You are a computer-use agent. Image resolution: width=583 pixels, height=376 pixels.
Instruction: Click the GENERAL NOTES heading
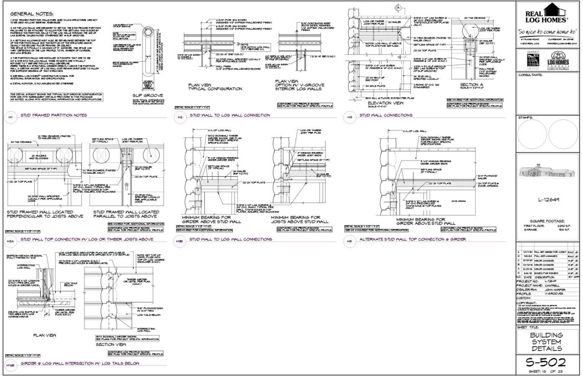(28, 15)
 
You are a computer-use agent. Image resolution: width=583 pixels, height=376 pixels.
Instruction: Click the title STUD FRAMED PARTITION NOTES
(51, 115)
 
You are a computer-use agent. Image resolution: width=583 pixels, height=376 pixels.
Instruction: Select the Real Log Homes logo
(547, 13)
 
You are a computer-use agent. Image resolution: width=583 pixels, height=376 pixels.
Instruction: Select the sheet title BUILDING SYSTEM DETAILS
(547, 342)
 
